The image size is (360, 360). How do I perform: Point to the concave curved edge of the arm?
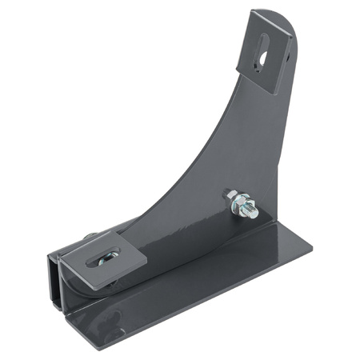pyautogui.click(x=192, y=152)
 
